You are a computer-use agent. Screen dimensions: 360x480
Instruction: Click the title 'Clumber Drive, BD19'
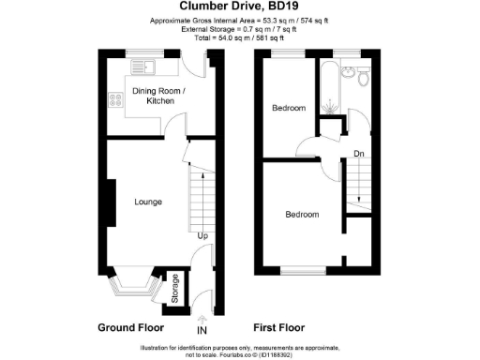pos(239,7)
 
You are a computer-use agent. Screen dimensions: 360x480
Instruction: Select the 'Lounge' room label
pos(148,202)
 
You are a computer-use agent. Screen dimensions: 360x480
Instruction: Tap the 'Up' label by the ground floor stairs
pos(202,235)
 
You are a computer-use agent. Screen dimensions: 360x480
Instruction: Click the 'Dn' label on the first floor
pos(359,153)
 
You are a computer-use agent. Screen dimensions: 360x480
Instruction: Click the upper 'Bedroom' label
pos(289,109)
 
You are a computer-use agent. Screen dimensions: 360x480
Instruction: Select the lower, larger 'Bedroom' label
pos(302,215)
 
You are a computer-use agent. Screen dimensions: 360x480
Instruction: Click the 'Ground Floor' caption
pos(131,329)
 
